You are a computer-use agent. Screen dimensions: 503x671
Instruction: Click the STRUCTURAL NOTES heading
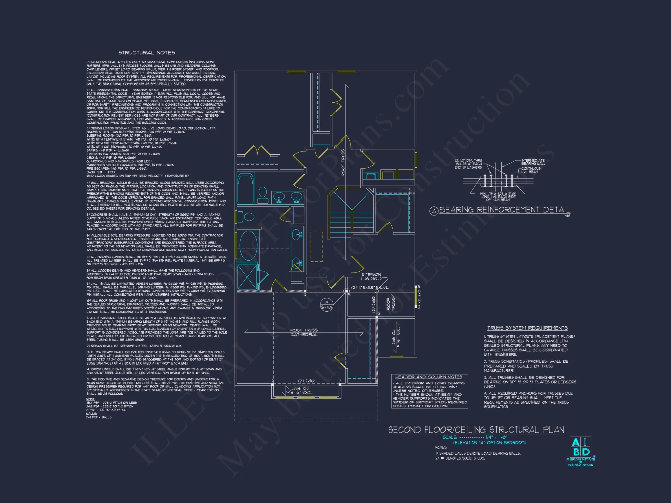click(147, 53)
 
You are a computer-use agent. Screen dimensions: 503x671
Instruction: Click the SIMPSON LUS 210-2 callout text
click(371, 277)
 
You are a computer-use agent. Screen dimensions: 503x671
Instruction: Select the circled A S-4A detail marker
click(327, 305)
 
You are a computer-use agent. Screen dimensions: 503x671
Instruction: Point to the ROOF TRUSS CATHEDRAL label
click(304, 332)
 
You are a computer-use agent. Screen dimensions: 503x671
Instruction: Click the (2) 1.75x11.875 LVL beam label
click(369, 288)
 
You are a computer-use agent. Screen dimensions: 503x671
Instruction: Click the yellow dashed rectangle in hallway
click(317, 246)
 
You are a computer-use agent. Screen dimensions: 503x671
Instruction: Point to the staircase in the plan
click(351, 215)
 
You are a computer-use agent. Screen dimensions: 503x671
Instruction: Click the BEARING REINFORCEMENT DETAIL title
click(504, 210)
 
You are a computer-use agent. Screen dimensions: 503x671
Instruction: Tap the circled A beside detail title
click(434, 211)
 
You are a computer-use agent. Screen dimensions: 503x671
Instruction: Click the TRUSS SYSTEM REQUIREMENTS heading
click(527, 328)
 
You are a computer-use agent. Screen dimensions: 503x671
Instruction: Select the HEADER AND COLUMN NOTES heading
click(428, 377)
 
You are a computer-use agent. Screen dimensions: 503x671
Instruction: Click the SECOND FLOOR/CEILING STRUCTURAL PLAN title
click(476, 430)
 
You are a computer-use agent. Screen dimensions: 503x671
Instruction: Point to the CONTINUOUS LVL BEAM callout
click(531, 170)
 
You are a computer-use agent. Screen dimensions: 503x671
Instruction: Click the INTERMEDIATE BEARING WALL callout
click(533, 162)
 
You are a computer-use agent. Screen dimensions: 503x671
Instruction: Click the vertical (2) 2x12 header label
click(419, 297)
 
